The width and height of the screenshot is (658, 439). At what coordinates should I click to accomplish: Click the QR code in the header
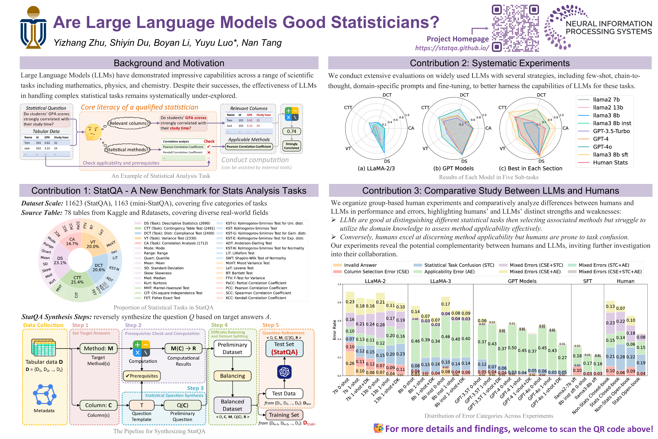click(x=515, y=28)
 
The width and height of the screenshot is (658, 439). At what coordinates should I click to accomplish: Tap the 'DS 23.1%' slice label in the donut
click(x=60, y=260)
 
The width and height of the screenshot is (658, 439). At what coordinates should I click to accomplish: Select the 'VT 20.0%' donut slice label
click(x=93, y=244)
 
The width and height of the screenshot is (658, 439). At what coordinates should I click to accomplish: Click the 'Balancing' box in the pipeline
click(x=232, y=376)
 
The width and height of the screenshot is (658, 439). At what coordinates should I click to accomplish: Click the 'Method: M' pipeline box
click(x=99, y=348)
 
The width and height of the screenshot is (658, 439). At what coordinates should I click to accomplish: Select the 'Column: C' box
click(x=99, y=405)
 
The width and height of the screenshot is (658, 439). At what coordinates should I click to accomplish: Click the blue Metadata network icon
click(x=44, y=395)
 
